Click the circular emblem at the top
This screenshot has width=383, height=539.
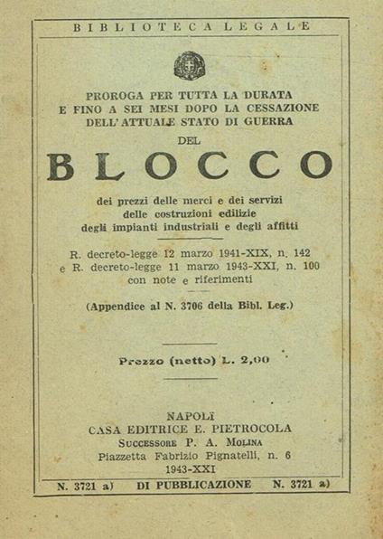point(191,65)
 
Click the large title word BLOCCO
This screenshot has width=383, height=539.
point(191,165)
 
